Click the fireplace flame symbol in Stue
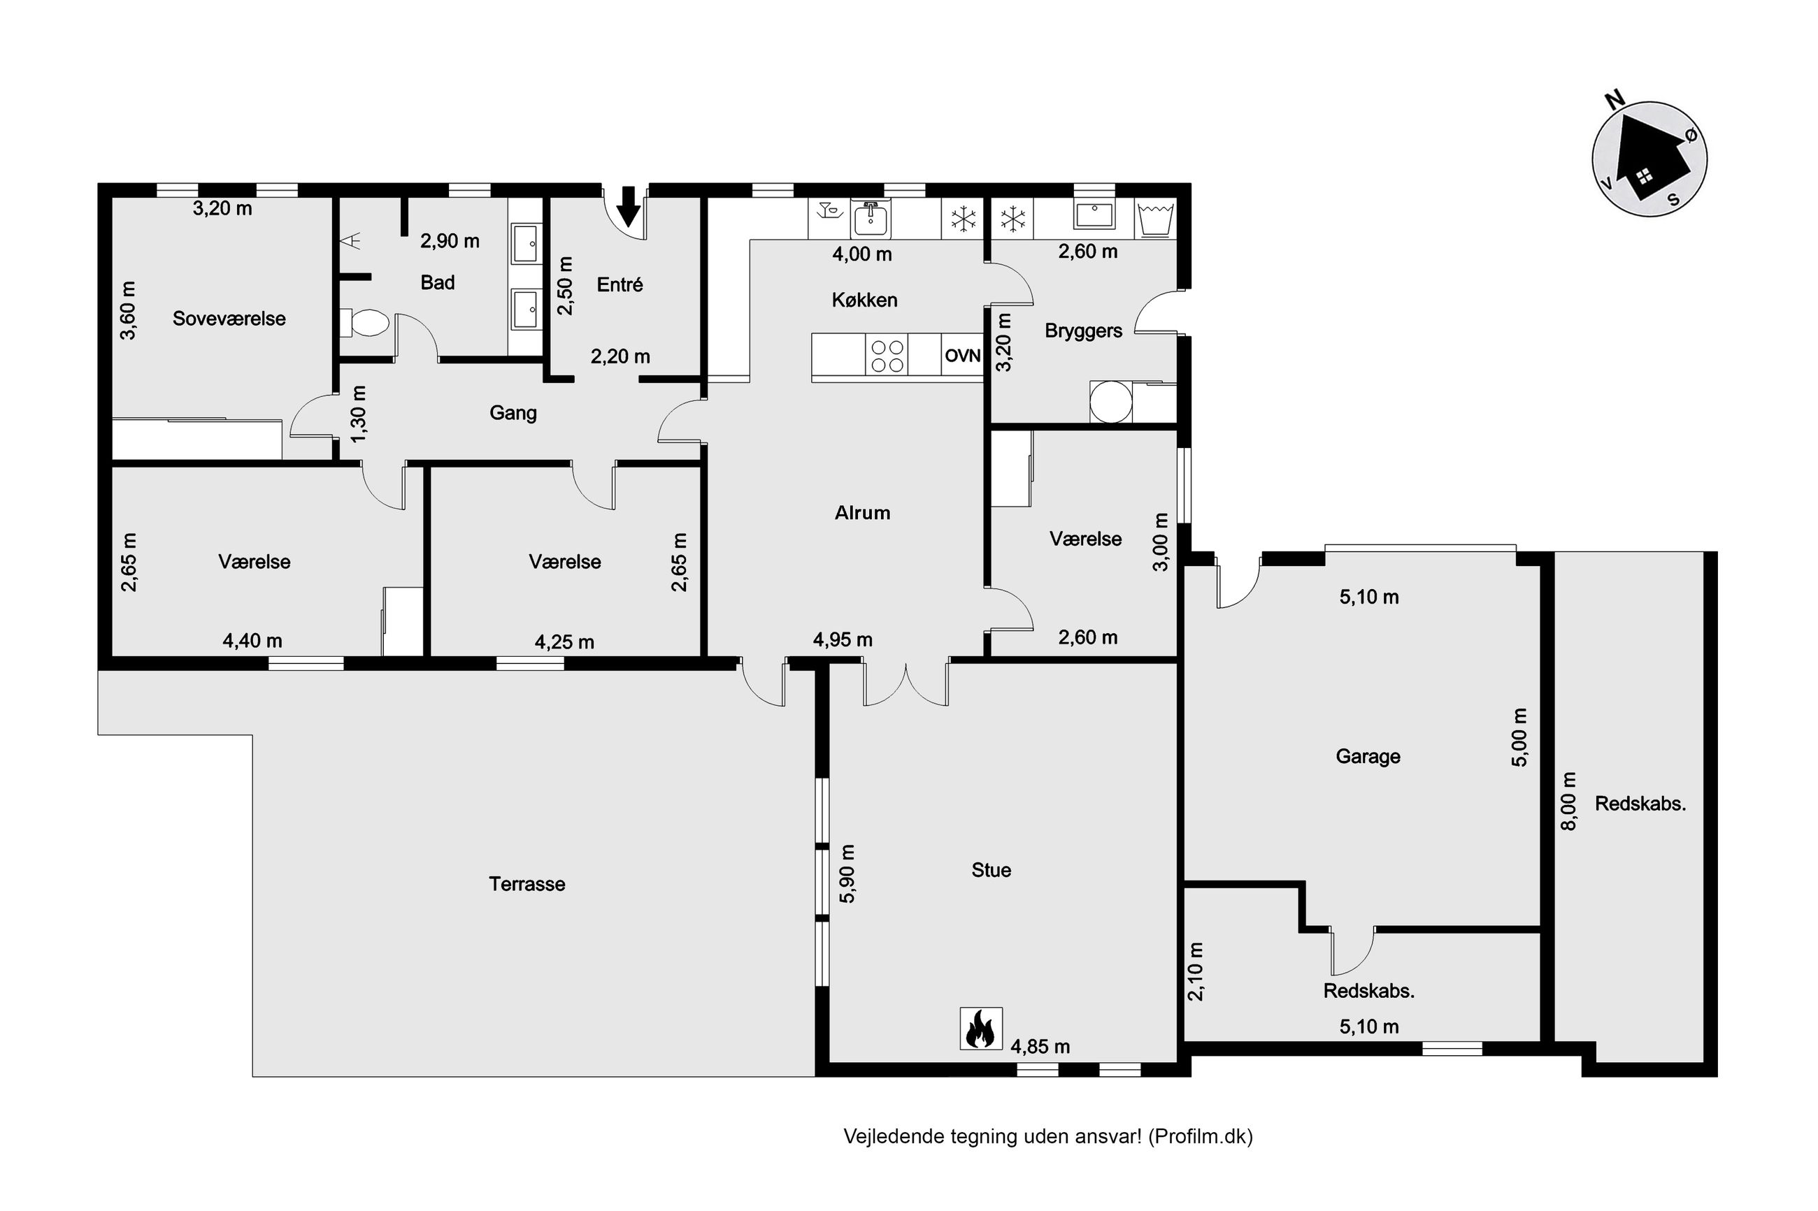click(980, 1028)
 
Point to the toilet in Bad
click(364, 323)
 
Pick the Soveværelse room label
click(229, 318)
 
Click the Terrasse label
click(527, 883)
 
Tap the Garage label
click(1368, 756)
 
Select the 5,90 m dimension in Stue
click(847, 873)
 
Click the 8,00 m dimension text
click(1568, 802)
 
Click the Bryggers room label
click(1083, 331)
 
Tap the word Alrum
click(862, 513)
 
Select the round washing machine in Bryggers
click(1111, 403)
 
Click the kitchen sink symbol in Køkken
click(871, 219)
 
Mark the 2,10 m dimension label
click(1195, 971)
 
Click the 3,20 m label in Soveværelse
click(222, 208)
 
